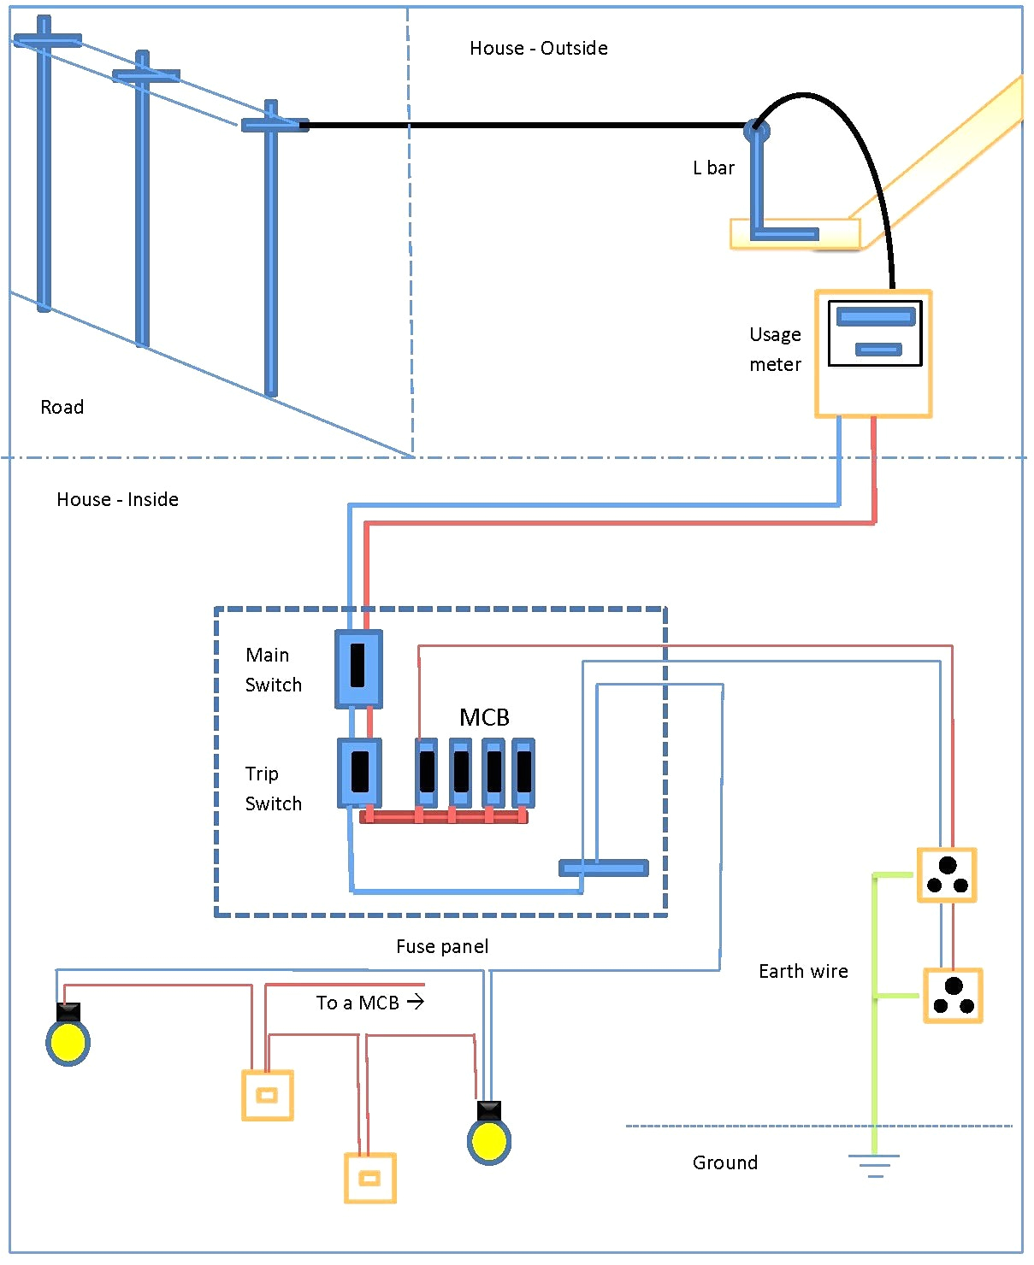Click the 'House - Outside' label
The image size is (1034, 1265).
pos(538,49)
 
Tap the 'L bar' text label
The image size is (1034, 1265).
pos(713,168)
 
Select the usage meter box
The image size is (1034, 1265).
pos(873,353)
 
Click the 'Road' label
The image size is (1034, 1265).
pos(62,407)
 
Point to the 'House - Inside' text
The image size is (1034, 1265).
pos(117,499)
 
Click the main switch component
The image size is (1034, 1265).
pos(358,668)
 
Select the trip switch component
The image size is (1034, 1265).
pos(359,773)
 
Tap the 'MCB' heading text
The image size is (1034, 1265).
pos(484,717)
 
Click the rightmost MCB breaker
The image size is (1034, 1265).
pos(523,773)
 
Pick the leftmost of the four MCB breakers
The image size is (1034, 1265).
pos(427,773)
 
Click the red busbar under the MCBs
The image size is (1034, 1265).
pos(445,817)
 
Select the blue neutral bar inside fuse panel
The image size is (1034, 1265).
pos(604,868)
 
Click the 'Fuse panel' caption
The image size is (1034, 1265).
pos(442,946)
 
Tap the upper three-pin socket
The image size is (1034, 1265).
pos(947,874)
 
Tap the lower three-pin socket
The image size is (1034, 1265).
pos(953,995)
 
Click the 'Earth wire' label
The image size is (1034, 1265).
pos(803,971)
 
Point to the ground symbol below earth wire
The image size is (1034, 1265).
pos(874,1165)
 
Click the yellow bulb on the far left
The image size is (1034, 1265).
pos(68,1042)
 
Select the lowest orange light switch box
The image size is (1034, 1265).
pos(369,1178)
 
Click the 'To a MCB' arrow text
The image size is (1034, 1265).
pos(369,1002)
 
